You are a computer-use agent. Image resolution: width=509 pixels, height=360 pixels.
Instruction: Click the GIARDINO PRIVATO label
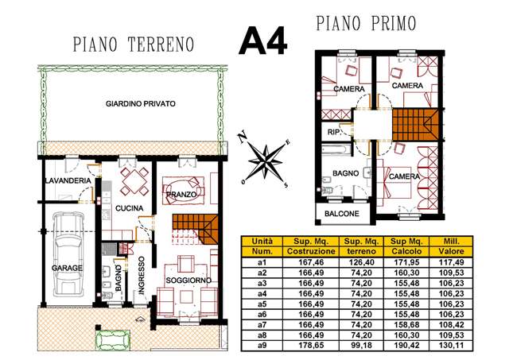coord(141,104)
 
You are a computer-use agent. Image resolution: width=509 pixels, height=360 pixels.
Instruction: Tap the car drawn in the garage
coord(68,254)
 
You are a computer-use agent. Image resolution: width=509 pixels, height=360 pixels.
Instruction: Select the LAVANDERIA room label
coord(68,180)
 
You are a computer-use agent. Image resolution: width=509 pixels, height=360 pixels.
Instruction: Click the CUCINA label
coord(129,208)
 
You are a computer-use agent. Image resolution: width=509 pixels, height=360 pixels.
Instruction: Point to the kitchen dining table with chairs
coord(134,180)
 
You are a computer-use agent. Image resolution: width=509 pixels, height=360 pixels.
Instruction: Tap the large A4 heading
coord(263,41)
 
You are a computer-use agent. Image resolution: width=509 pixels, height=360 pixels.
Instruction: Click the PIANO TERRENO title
coord(134,45)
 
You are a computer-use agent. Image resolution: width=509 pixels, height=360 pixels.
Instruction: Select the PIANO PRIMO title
coord(366,23)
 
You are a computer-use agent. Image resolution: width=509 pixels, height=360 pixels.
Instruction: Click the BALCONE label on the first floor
coord(342,214)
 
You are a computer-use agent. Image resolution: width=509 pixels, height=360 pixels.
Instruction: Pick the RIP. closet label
coord(334,132)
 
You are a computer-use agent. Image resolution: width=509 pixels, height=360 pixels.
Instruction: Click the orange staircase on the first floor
coord(415,125)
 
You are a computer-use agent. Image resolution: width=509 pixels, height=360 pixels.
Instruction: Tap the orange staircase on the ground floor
coord(195,229)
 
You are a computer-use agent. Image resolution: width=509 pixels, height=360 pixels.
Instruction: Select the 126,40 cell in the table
coord(361,262)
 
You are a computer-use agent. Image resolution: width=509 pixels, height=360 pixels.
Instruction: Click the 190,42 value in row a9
coord(406,346)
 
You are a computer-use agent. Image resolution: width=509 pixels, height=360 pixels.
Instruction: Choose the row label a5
coord(262,304)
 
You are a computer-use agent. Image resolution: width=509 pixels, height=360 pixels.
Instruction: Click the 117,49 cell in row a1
coord(451,262)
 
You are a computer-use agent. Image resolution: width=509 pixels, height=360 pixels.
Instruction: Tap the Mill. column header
coord(451,242)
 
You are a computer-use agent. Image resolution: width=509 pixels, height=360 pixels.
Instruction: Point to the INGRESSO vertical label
coord(142,275)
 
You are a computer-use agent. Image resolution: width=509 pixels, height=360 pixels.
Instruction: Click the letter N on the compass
coord(242,137)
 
